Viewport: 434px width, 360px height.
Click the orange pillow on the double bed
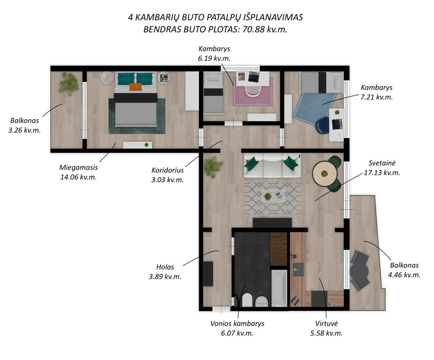point(135,87)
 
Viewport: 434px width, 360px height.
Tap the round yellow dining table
point(325,174)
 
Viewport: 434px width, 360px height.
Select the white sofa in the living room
point(272,165)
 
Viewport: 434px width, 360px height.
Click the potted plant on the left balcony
point(68,83)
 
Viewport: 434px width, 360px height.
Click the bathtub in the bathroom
point(279,288)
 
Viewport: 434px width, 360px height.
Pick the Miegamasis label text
point(79,167)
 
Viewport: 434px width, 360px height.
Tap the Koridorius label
point(168,170)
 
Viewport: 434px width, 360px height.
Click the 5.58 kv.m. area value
point(327,333)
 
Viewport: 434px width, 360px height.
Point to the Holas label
point(165,267)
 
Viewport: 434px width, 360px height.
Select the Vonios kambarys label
point(237,323)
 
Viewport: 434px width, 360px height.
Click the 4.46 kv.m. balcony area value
point(404,275)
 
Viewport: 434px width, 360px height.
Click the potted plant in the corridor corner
point(213,167)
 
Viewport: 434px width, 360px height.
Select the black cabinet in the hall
point(208,274)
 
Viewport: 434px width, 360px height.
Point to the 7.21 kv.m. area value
point(376,97)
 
